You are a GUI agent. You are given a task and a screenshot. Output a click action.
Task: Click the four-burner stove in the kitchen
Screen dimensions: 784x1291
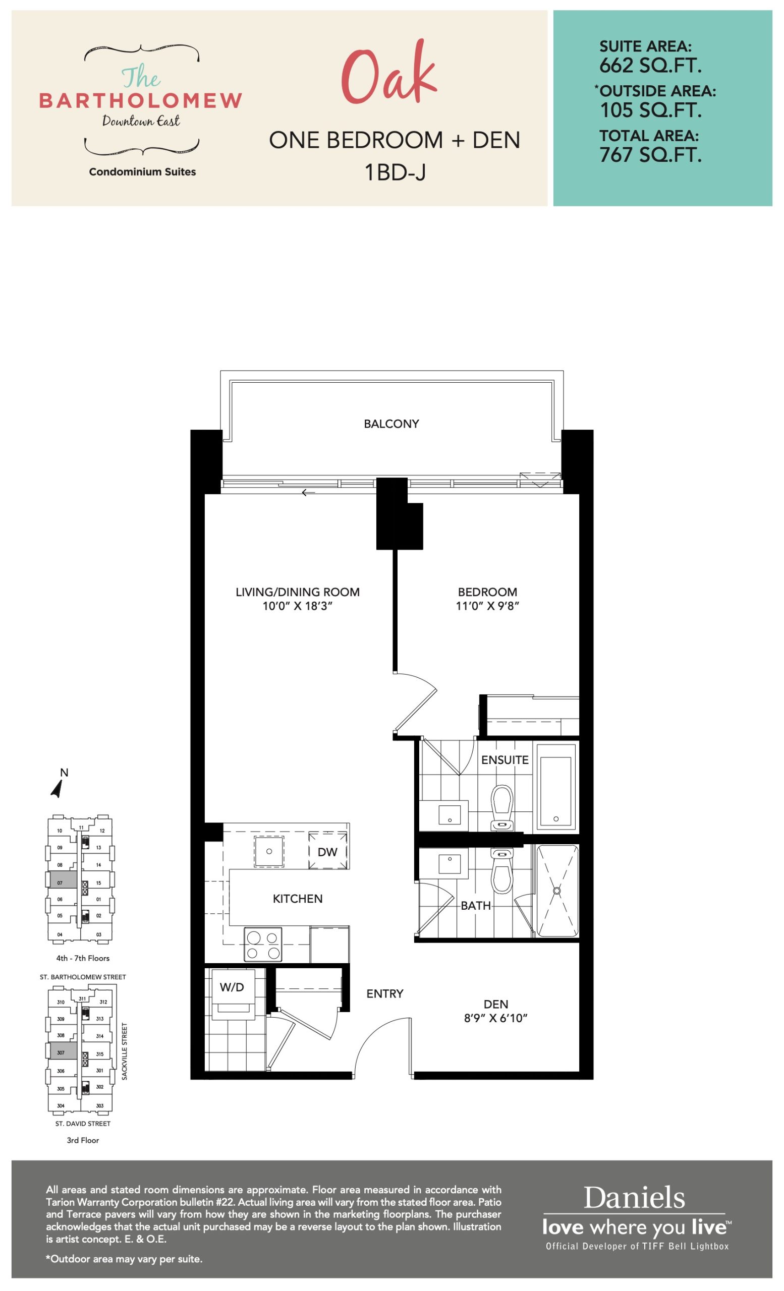(263, 945)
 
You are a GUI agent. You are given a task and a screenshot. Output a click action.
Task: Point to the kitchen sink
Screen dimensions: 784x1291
(269, 851)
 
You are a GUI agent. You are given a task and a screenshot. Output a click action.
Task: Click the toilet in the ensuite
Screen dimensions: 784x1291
(502, 807)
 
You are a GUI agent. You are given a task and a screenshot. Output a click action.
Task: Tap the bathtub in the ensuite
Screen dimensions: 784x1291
(555, 788)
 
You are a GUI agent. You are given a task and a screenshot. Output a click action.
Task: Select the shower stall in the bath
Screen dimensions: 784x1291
(557, 891)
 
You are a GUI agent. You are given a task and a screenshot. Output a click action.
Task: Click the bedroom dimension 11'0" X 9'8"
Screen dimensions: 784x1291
(487, 606)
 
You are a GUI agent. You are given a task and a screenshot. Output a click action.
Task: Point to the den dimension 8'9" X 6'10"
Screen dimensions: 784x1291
(496, 1018)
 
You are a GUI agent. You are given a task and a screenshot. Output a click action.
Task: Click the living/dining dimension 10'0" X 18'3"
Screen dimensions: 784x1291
(298, 606)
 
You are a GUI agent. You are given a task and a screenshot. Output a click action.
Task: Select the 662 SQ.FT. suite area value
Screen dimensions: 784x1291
(650, 66)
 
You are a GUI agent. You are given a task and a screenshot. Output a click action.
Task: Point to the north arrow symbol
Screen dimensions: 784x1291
(58, 789)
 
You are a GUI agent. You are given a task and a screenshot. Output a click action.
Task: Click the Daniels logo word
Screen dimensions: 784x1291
(634, 1198)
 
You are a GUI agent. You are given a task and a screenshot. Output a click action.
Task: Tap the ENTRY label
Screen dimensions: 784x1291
(384, 993)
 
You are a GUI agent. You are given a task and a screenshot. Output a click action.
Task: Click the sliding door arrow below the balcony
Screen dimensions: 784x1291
(308, 493)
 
